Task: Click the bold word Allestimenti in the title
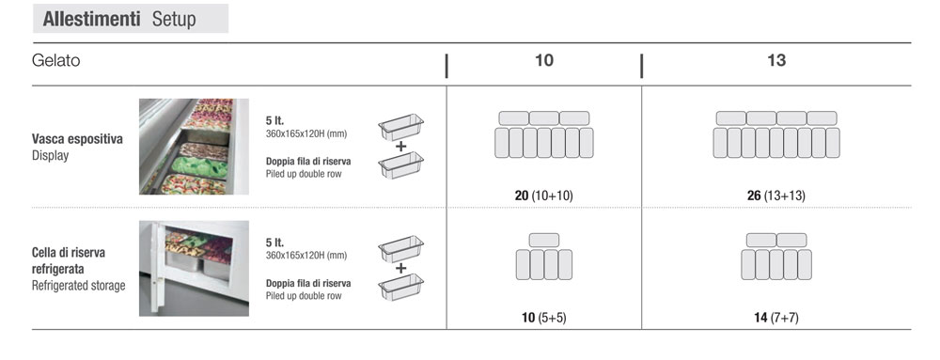[x=91, y=19]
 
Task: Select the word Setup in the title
[x=174, y=20]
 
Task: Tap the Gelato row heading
[x=55, y=60]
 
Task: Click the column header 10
[x=543, y=60]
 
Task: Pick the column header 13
[x=776, y=60]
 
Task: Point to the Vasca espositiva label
[x=77, y=139]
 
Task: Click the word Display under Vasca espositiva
[x=51, y=156]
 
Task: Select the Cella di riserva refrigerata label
[x=69, y=260]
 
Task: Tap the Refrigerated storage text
[x=79, y=286]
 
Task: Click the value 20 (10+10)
[x=543, y=196]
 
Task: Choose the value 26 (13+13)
[x=776, y=196]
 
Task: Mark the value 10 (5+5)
[x=543, y=318]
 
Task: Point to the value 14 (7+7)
[x=776, y=318]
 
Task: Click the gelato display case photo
[x=194, y=146]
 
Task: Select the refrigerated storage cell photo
[x=194, y=268]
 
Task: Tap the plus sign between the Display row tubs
[x=400, y=146]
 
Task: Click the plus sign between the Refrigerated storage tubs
[x=400, y=268]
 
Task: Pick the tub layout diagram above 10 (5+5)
[x=543, y=257]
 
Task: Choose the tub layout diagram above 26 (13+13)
[x=776, y=134]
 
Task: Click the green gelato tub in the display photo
[x=200, y=166]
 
